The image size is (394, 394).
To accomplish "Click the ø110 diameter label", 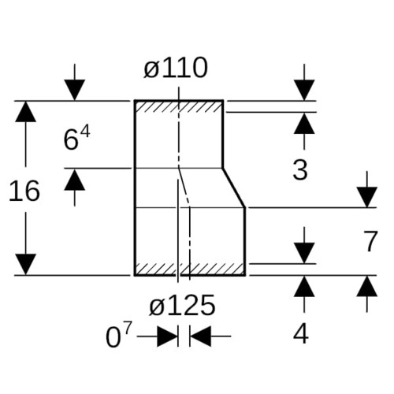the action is point(176,68).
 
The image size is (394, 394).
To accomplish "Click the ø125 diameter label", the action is point(182,305).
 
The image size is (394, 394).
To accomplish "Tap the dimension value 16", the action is point(24,191).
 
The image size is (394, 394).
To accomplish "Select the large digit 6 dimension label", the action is point(71,140).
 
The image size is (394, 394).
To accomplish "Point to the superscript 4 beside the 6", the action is point(85,132).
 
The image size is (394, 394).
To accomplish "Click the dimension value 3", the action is point(300,170).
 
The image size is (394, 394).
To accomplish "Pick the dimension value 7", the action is point(370,241).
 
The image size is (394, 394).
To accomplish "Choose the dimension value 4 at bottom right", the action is point(301,334).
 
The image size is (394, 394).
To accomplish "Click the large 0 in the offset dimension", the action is point(113,337).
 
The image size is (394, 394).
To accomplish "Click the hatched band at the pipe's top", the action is point(179,106).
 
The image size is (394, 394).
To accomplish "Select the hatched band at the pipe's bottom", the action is point(190,269).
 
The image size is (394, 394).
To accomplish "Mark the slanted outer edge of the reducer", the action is point(234,188).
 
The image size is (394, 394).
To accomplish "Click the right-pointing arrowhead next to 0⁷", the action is point(167,336).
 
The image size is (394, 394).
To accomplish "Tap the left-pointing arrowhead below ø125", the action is point(200,336).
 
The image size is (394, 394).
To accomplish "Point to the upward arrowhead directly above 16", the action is point(25,112).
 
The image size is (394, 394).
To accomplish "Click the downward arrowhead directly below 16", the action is point(25,264).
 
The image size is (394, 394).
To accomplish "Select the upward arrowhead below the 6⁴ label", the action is point(75,180).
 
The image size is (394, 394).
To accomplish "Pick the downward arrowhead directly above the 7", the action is point(367,197).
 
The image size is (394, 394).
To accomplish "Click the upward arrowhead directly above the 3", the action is point(304,124).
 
